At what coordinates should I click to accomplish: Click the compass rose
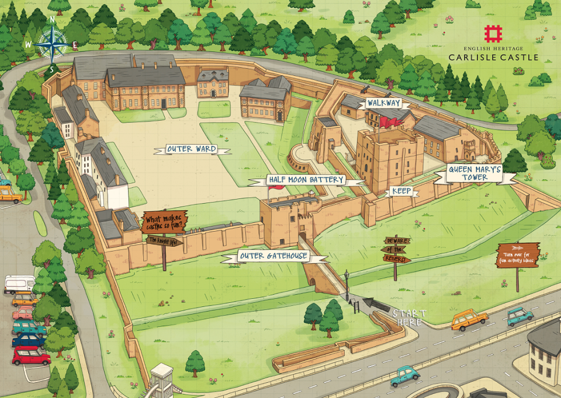(51, 45)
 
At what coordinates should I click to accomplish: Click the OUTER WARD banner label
(191, 149)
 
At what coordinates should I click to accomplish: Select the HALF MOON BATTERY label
(306, 179)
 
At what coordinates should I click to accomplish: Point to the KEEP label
(401, 191)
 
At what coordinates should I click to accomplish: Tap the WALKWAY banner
(383, 103)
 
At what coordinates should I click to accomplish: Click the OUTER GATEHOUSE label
(273, 256)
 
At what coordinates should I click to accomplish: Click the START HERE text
(408, 317)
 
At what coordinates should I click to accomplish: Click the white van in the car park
(19, 284)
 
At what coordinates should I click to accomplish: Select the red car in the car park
(31, 355)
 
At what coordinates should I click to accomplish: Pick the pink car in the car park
(23, 314)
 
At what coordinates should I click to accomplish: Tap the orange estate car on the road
(469, 320)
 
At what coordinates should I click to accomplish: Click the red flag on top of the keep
(389, 121)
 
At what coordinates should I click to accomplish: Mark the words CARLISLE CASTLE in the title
(493, 57)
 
